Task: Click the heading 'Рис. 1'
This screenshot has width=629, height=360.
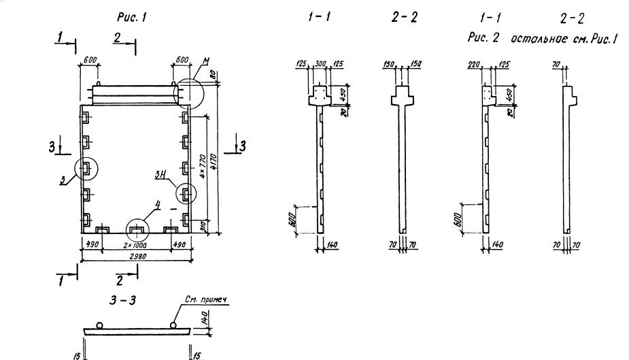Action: [x=131, y=18]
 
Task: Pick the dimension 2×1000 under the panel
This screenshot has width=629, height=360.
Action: [x=137, y=244]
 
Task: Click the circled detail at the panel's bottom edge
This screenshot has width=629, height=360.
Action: [x=137, y=227]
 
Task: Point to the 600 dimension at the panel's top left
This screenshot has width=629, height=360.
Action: [x=89, y=60]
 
